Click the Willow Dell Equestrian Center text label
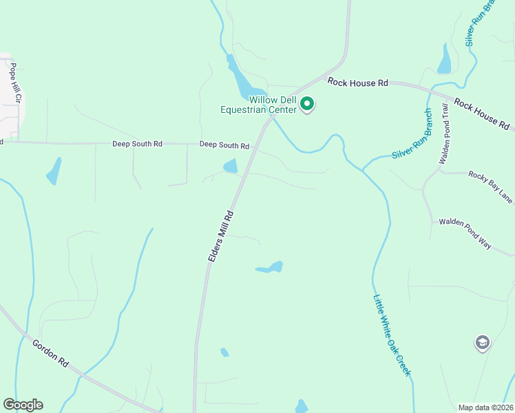tap(258, 104)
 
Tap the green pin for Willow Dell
tap(308, 105)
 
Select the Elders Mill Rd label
tap(222, 235)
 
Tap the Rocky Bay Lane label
tap(491, 187)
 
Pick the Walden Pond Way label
tap(465, 233)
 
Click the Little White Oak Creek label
tap(392, 335)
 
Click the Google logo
tap(23, 405)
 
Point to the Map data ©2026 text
tap(485, 407)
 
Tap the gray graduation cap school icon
tap(483, 343)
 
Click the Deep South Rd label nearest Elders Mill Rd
tap(224, 145)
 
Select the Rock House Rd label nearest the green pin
tap(358, 83)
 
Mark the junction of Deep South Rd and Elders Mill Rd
tap(255, 145)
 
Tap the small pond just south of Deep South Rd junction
tap(230, 166)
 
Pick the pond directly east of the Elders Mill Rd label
tap(270, 267)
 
